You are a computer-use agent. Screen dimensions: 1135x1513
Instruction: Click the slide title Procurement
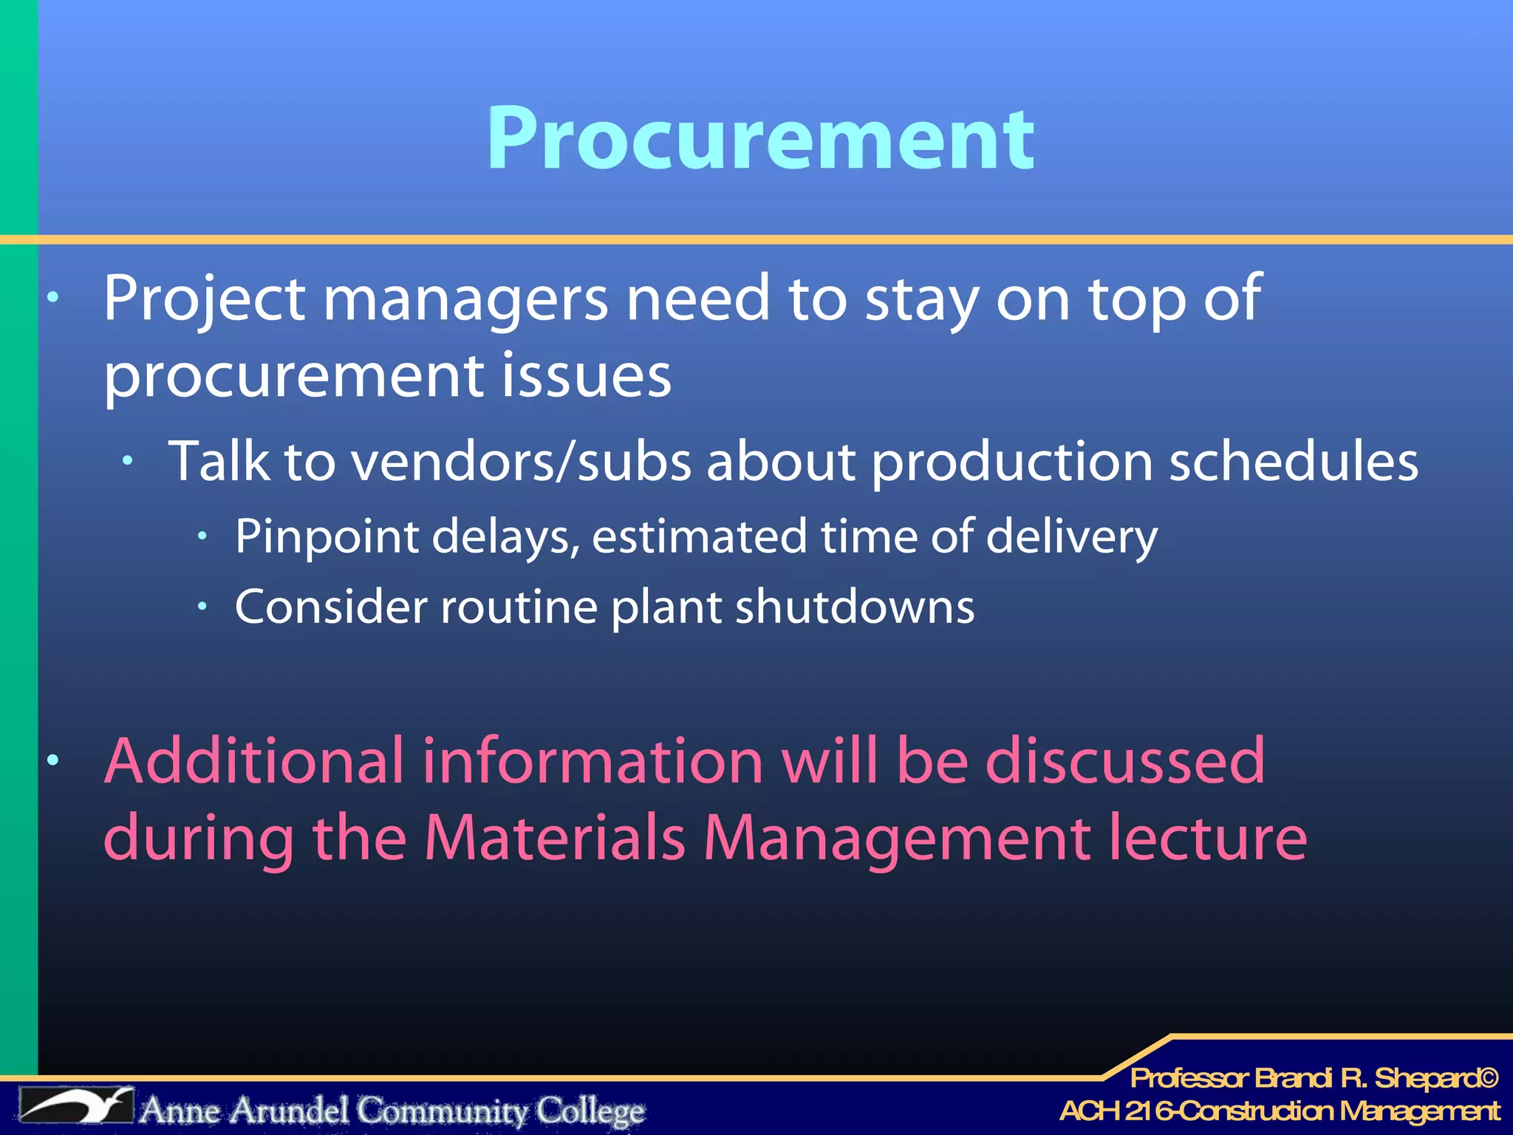pos(760,138)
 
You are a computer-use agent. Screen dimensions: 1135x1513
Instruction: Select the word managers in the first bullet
pos(465,299)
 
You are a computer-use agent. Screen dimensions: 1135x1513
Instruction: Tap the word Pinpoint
pos(327,537)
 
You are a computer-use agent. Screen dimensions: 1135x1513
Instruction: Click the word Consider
pos(331,607)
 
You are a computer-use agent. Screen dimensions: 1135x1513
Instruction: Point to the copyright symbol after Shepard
pos(1488,1078)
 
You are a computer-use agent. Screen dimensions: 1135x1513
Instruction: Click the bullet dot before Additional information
pos(52,760)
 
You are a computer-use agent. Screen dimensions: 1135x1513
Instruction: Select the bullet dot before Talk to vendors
pos(128,461)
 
